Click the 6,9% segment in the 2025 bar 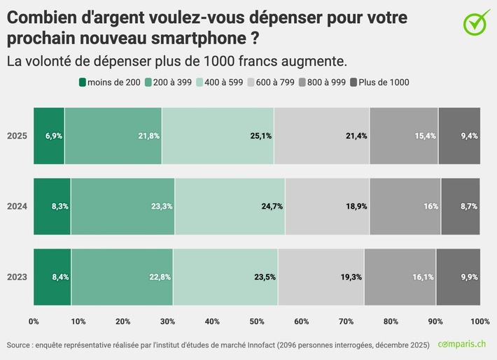[x=49, y=136]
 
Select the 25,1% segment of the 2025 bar [x=218, y=136]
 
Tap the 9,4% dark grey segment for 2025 [x=459, y=136]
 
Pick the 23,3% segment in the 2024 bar [x=122, y=207]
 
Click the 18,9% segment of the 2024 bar [x=327, y=207]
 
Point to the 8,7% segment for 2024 [x=461, y=207]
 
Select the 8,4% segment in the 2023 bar [x=52, y=277]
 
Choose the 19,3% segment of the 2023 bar [x=321, y=277]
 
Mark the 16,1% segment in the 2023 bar [x=400, y=277]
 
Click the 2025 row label [x=17, y=136]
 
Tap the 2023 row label [x=17, y=277]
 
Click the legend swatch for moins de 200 [x=83, y=83]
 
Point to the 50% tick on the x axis [x=257, y=321]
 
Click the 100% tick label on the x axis [x=479, y=321]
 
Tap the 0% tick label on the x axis [x=34, y=321]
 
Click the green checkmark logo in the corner [x=477, y=22]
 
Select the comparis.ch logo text [x=463, y=345]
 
